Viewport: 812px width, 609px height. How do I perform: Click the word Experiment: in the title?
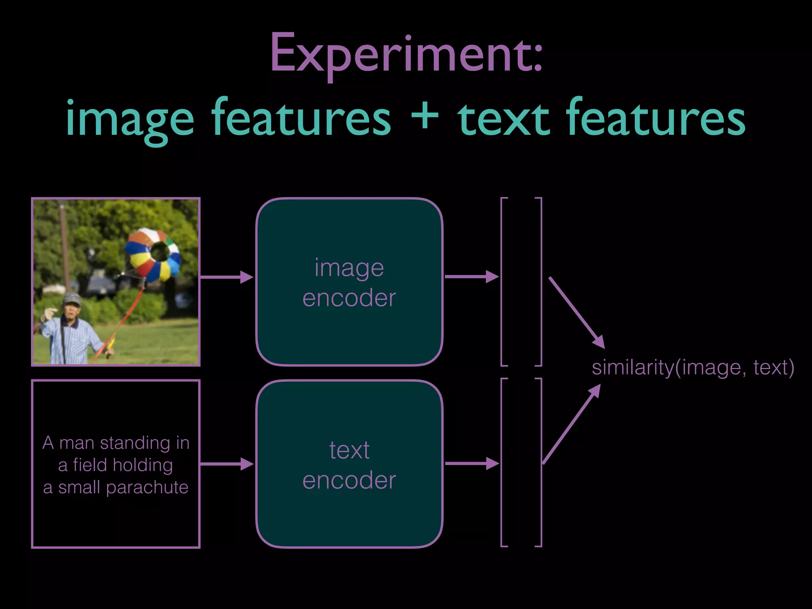pyautogui.click(x=406, y=54)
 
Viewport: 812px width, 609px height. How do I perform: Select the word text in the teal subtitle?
pyautogui.click(x=503, y=118)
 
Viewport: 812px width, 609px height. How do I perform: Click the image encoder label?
pyautogui.click(x=349, y=282)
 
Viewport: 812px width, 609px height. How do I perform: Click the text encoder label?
pyautogui.click(x=349, y=465)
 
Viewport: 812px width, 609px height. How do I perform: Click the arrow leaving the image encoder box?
pyautogui.click(x=472, y=276)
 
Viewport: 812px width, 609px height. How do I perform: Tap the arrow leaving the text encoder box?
pyautogui.click(x=472, y=463)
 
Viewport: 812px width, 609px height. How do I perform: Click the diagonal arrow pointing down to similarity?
pyautogui.click(x=577, y=313)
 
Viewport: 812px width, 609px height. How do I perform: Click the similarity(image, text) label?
pyautogui.click(x=693, y=367)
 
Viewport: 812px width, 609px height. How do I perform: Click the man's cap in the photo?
pyautogui.click(x=72, y=298)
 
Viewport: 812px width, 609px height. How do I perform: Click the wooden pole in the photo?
pyautogui.click(x=65, y=246)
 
